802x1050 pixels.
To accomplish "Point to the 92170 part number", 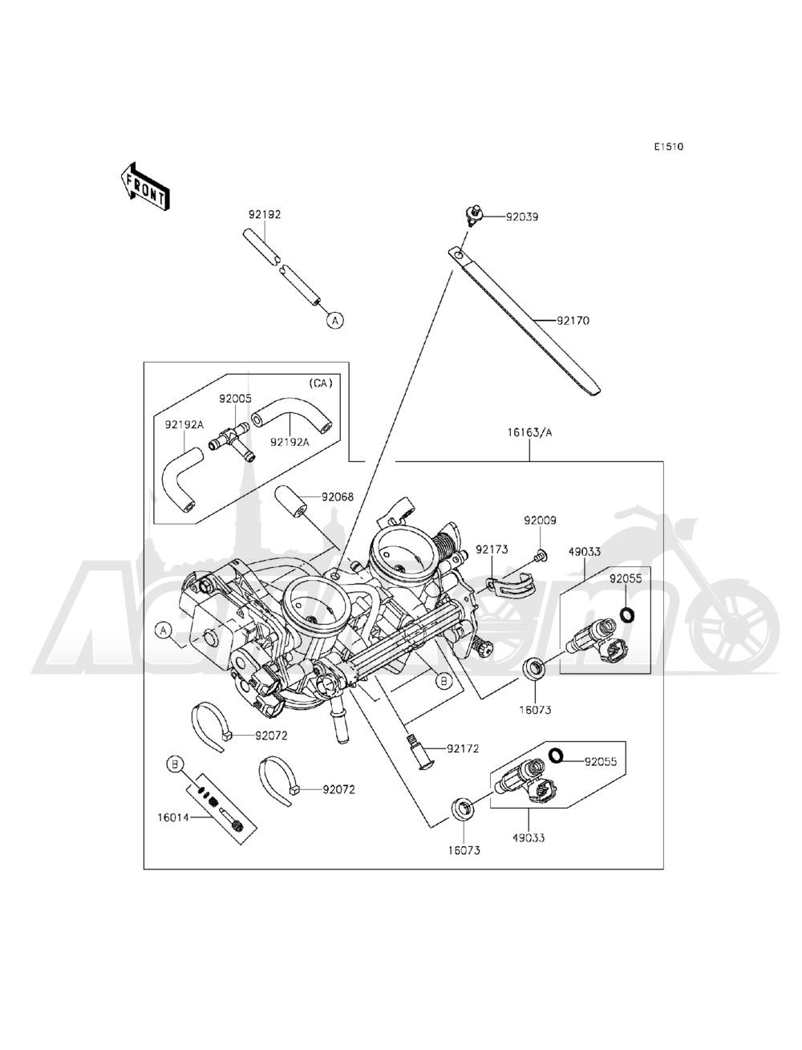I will point(573,320).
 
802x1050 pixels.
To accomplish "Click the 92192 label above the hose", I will point(264,215).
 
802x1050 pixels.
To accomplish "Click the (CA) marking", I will point(319,383).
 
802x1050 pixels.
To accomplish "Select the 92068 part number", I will point(338,497).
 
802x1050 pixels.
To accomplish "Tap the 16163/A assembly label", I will point(529,432).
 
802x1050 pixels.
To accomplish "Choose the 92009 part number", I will point(541,520).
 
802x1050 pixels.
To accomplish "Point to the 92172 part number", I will point(463,748).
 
